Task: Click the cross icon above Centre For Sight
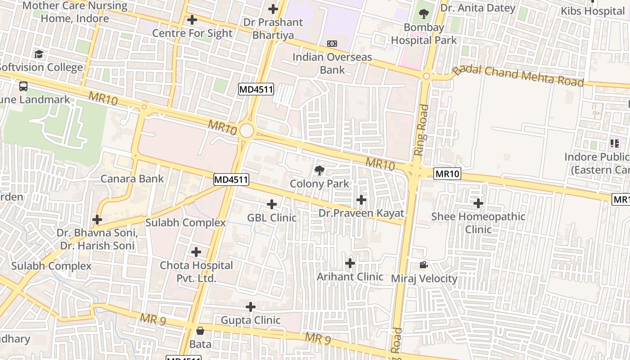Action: click(192, 20)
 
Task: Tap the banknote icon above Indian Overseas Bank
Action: click(332, 44)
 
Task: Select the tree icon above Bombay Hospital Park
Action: click(423, 14)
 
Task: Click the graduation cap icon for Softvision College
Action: click(39, 54)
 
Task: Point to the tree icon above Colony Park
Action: click(319, 170)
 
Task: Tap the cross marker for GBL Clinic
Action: click(272, 204)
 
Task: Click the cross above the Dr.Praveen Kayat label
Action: click(361, 200)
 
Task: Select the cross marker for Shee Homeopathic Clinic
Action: click(478, 203)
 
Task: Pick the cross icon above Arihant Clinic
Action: click(350, 263)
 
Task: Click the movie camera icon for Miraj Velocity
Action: click(423, 265)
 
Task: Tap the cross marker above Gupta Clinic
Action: click(251, 307)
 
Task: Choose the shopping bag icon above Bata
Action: click(200, 331)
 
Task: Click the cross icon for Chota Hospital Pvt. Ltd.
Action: click(196, 252)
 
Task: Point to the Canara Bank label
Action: click(132, 179)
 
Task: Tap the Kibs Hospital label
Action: click(592, 11)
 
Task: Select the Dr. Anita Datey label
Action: click(477, 8)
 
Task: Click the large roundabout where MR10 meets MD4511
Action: click(247, 131)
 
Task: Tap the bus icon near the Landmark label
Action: click(23, 86)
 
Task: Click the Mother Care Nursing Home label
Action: click(75, 12)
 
